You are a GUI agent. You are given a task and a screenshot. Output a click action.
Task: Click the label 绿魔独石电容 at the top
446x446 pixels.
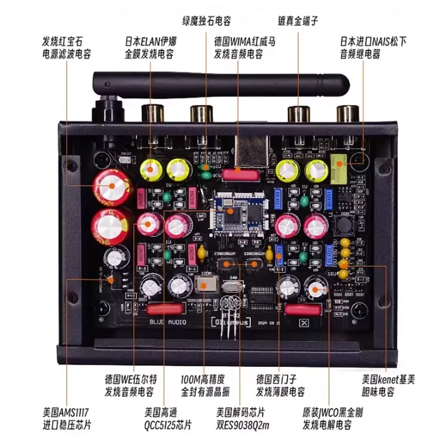206,21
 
